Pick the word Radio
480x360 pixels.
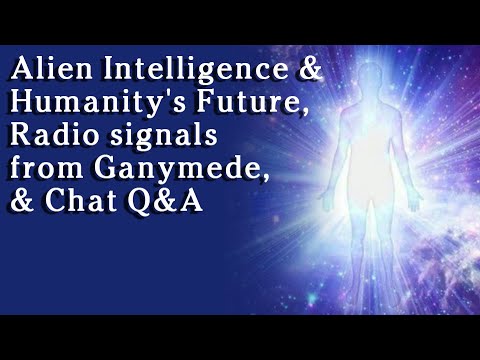pos(44,131)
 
